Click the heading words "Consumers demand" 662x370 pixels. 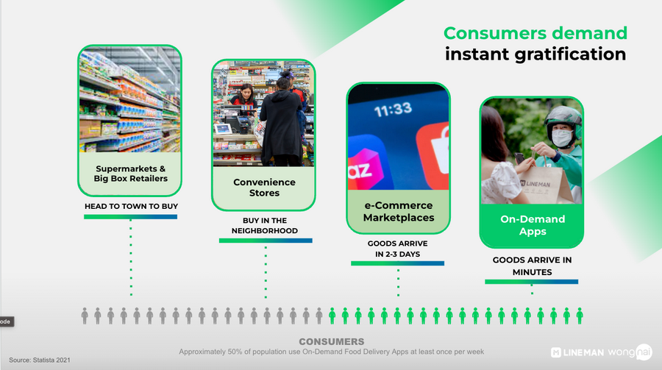pyautogui.click(x=535, y=33)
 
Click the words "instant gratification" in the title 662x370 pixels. pyautogui.click(x=535, y=54)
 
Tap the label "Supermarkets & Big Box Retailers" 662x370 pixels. pyautogui.click(x=130, y=174)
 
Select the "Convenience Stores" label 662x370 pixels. pyautogui.click(x=264, y=188)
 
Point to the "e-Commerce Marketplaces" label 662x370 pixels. pyautogui.click(x=399, y=211)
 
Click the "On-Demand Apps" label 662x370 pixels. pyautogui.click(x=533, y=225)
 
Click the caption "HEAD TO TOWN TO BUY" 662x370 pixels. pyautogui.click(x=132, y=206)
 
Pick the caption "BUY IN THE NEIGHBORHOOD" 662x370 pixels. pyautogui.click(x=265, y=226)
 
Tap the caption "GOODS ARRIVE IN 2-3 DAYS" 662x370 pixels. pyautogui.click(x=398, y=249)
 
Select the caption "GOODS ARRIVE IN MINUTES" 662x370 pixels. pyautogui.click(x=532, y=266)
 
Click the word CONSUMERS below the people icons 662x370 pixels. pyautogui.click(x=332, y=341)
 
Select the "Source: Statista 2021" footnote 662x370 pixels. pyautogui.click(x=40, y=360)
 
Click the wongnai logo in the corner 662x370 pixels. pyautogui.click(x=630, y=352)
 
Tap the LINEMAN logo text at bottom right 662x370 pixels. pyautogui.click(x=577, y=352)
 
